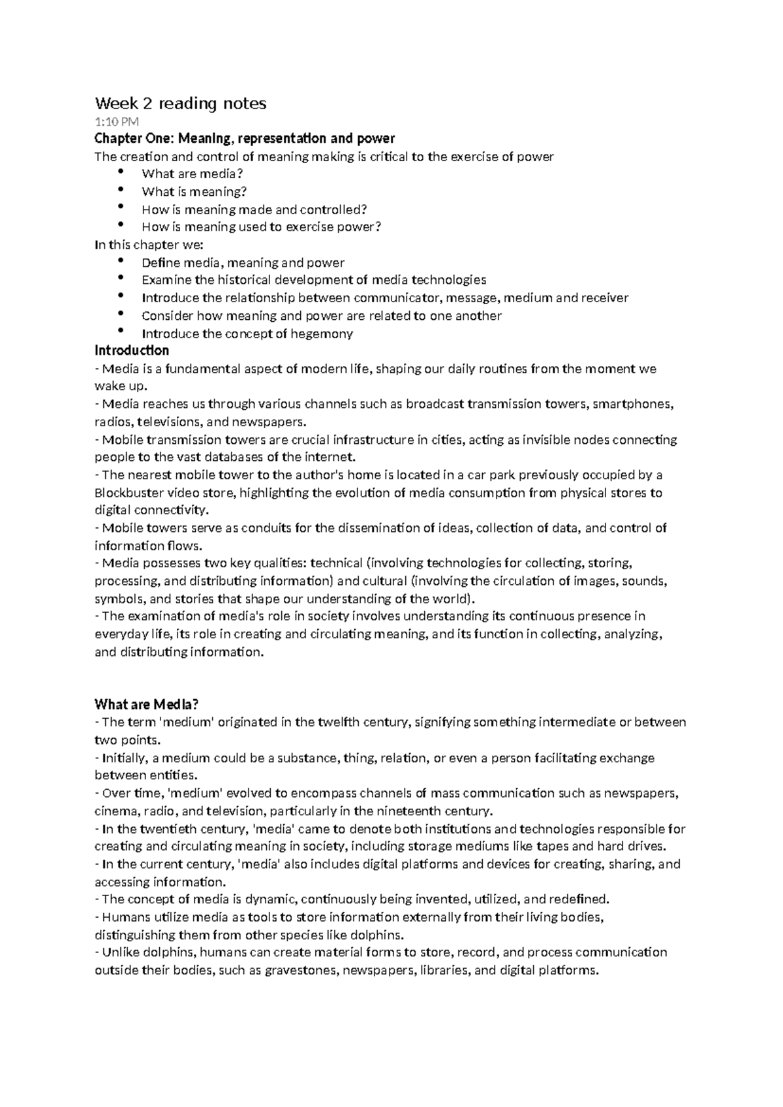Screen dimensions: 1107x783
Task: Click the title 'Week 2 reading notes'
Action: [181, 103]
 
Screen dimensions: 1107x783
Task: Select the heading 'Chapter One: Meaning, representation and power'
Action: [245, 138]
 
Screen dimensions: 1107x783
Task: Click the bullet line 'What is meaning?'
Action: [194, 192]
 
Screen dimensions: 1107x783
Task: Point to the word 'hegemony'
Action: [324, 334]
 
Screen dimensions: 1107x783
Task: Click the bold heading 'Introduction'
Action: [132, 351]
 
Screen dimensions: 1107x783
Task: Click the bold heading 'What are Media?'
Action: [146, 704]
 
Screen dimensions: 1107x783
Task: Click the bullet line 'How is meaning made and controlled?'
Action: [254, 210]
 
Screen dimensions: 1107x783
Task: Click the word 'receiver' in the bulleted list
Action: [605, 298]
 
